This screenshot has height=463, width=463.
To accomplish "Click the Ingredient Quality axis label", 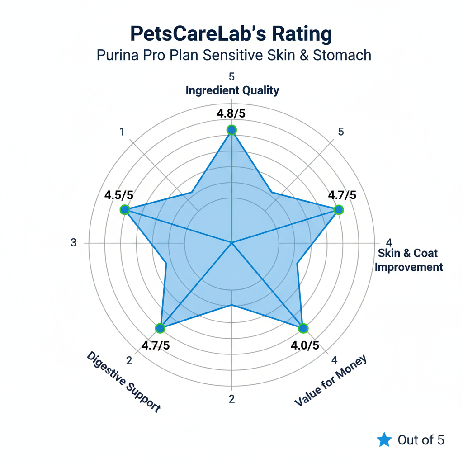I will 232,90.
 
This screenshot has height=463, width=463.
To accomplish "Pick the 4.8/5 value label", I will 231,113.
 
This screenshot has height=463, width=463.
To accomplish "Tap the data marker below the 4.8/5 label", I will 231,130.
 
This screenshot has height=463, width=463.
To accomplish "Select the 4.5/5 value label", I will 119,195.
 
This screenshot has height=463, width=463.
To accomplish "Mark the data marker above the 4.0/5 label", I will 303,328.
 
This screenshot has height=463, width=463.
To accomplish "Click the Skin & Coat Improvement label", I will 409,260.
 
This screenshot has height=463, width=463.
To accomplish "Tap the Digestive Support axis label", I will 123,382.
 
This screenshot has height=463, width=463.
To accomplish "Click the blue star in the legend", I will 384,439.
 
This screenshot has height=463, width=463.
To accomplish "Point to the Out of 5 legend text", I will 421,439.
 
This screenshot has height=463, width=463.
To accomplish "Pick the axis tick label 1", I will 122,132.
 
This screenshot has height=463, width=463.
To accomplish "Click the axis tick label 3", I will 74,243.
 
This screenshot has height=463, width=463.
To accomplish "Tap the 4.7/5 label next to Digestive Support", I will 156,345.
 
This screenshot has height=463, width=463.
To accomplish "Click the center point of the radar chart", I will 231,243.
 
